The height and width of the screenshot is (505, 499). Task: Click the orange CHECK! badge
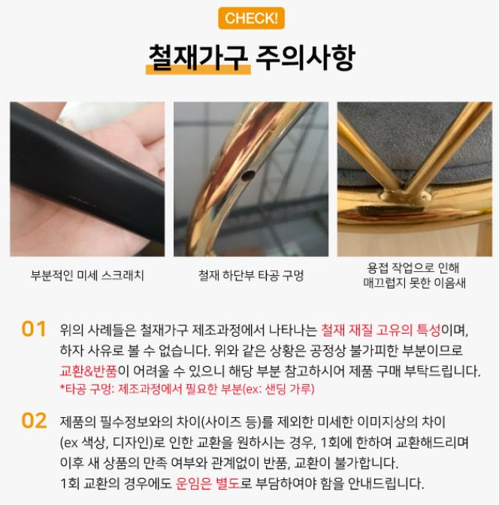tap(251, 18)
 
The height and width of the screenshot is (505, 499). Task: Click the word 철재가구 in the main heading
tap(198, 57)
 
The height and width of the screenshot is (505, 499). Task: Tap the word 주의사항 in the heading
tap(305, 57)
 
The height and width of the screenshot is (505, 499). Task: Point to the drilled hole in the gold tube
tap(248, 176)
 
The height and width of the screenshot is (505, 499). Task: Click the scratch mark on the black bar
tap(82, 201)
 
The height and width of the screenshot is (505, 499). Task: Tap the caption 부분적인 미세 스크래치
tap(87, 275)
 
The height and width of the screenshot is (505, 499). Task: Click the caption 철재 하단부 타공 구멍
tap(251, 275)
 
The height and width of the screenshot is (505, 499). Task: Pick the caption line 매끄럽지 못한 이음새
tap(415, 283)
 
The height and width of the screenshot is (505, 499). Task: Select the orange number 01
tap(34, 329)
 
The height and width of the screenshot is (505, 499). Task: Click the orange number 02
tap(34, 421)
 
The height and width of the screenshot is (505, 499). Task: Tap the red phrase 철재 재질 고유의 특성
tap(380, 330)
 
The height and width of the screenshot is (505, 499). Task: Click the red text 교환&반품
tap(88, 371)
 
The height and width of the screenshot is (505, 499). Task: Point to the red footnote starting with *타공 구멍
tap(187, 389)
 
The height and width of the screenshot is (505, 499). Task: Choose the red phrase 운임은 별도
tap(207, 483)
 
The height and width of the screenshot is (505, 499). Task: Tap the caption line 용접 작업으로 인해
tap(413, 268)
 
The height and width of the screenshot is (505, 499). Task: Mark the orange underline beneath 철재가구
tap(198, 70)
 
